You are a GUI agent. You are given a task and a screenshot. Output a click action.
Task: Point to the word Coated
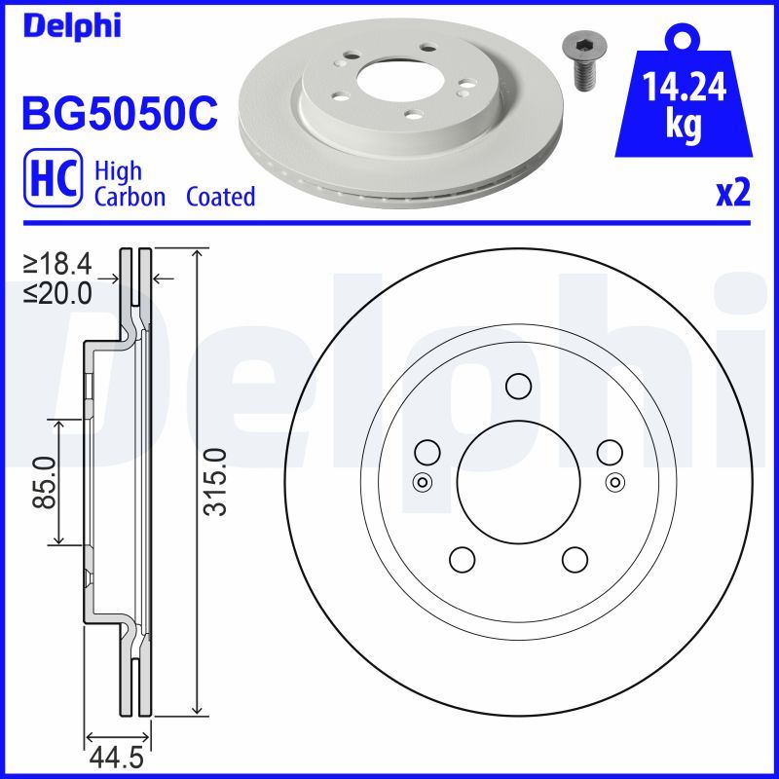220,197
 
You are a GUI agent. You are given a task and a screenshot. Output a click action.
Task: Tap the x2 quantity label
732,195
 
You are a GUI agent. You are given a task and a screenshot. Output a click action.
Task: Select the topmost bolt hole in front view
518,388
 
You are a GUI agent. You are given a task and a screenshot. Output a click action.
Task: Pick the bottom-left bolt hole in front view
461,559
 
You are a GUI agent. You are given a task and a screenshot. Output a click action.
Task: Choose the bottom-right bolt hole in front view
575,559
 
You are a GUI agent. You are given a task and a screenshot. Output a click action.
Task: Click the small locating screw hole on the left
422,481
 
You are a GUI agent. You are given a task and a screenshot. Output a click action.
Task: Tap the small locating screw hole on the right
614,481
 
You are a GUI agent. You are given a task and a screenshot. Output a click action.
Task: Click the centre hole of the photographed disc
390,72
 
